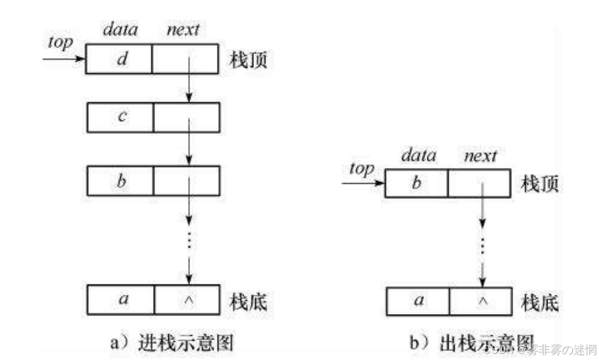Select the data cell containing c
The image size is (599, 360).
120,117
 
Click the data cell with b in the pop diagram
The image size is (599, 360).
416,183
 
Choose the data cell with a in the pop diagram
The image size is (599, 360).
419,301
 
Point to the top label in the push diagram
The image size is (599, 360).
60,42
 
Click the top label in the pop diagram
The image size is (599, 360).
361,168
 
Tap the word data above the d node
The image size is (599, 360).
120,29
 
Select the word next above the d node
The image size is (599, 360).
183,29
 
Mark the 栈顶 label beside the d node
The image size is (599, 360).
248,60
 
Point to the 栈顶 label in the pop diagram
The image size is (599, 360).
539,183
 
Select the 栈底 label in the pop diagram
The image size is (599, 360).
539,301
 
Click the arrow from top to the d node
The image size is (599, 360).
64,59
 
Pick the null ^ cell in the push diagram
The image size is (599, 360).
187,298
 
